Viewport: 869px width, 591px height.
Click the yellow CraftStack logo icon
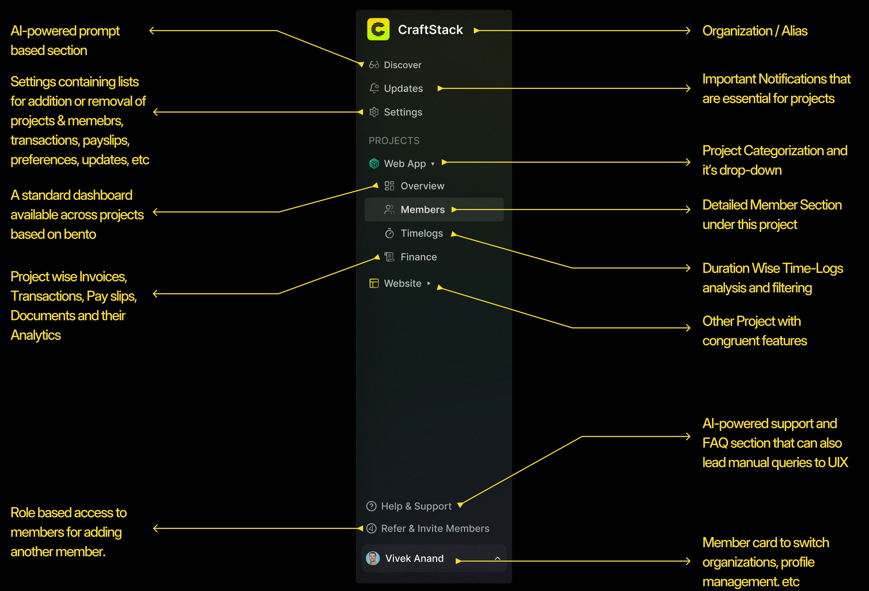click(x=378, y=29)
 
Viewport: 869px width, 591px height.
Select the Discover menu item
click(x=402, y=65)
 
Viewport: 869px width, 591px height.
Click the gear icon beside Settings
click(x=374, y=112)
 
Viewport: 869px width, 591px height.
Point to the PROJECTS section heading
click(x=394, y=141)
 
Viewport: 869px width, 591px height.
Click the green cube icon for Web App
click(x=374, y=164)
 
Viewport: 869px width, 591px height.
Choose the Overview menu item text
click(x=423, y=186)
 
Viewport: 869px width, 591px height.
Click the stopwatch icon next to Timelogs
click(x=389, y=234)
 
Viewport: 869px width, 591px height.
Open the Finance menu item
click(x=419, y=257)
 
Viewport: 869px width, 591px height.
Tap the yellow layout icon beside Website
click(x=374, y=284)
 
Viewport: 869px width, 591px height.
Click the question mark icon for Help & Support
click(x=371, y=506)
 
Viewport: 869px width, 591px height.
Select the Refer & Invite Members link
click(x=435, y=528)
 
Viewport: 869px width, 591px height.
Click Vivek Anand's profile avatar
click(x=373, y=558)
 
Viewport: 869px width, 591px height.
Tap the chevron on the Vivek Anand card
click(x=497, y=558)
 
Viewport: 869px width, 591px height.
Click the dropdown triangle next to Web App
click(x=433, y=164)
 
